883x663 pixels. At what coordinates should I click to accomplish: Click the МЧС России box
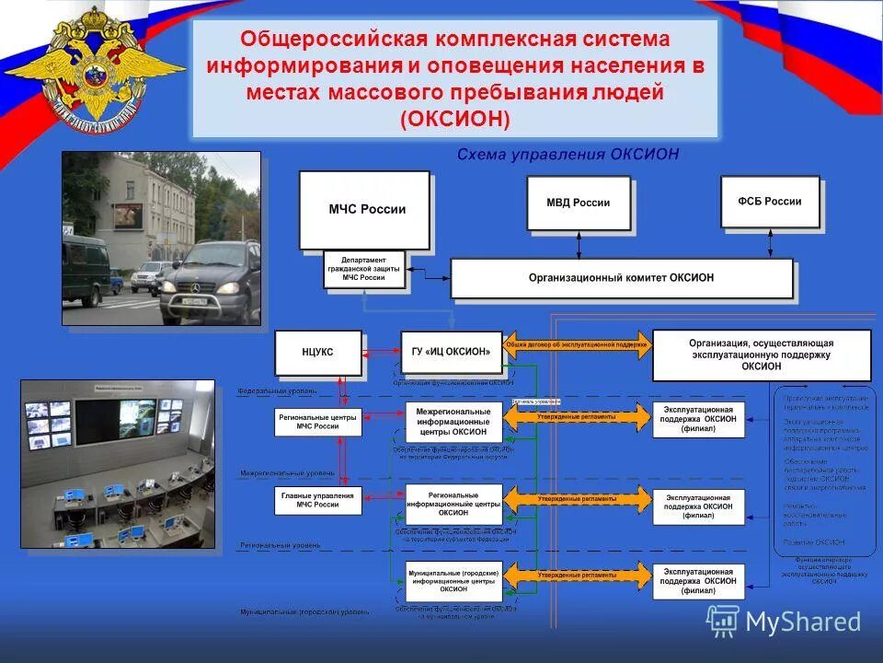(x=365, y=210)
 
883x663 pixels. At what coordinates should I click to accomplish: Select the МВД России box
(x=579, y=204)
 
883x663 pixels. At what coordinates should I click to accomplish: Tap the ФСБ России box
(x=769, y=202)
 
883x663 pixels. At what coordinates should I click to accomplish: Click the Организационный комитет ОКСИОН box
(x=621, y=277)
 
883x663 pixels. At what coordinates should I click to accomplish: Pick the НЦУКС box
(x=318, y=353)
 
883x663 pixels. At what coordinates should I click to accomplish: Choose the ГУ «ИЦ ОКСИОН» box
(x=452, y=352)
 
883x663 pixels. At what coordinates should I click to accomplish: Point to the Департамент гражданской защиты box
(x=364, y=270)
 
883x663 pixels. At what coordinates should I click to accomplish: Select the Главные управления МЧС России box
(x=318, y=501)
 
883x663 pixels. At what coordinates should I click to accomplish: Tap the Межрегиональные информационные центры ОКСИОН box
(x=453, y=421)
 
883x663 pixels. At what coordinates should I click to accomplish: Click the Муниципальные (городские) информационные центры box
(x=453, y=580)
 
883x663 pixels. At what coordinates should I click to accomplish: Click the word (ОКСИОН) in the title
(x=454, y=120)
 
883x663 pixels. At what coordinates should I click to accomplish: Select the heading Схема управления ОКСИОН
(x=568, y=155)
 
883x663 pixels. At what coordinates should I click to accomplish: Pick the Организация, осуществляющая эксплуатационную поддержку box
(x=761, y=355)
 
